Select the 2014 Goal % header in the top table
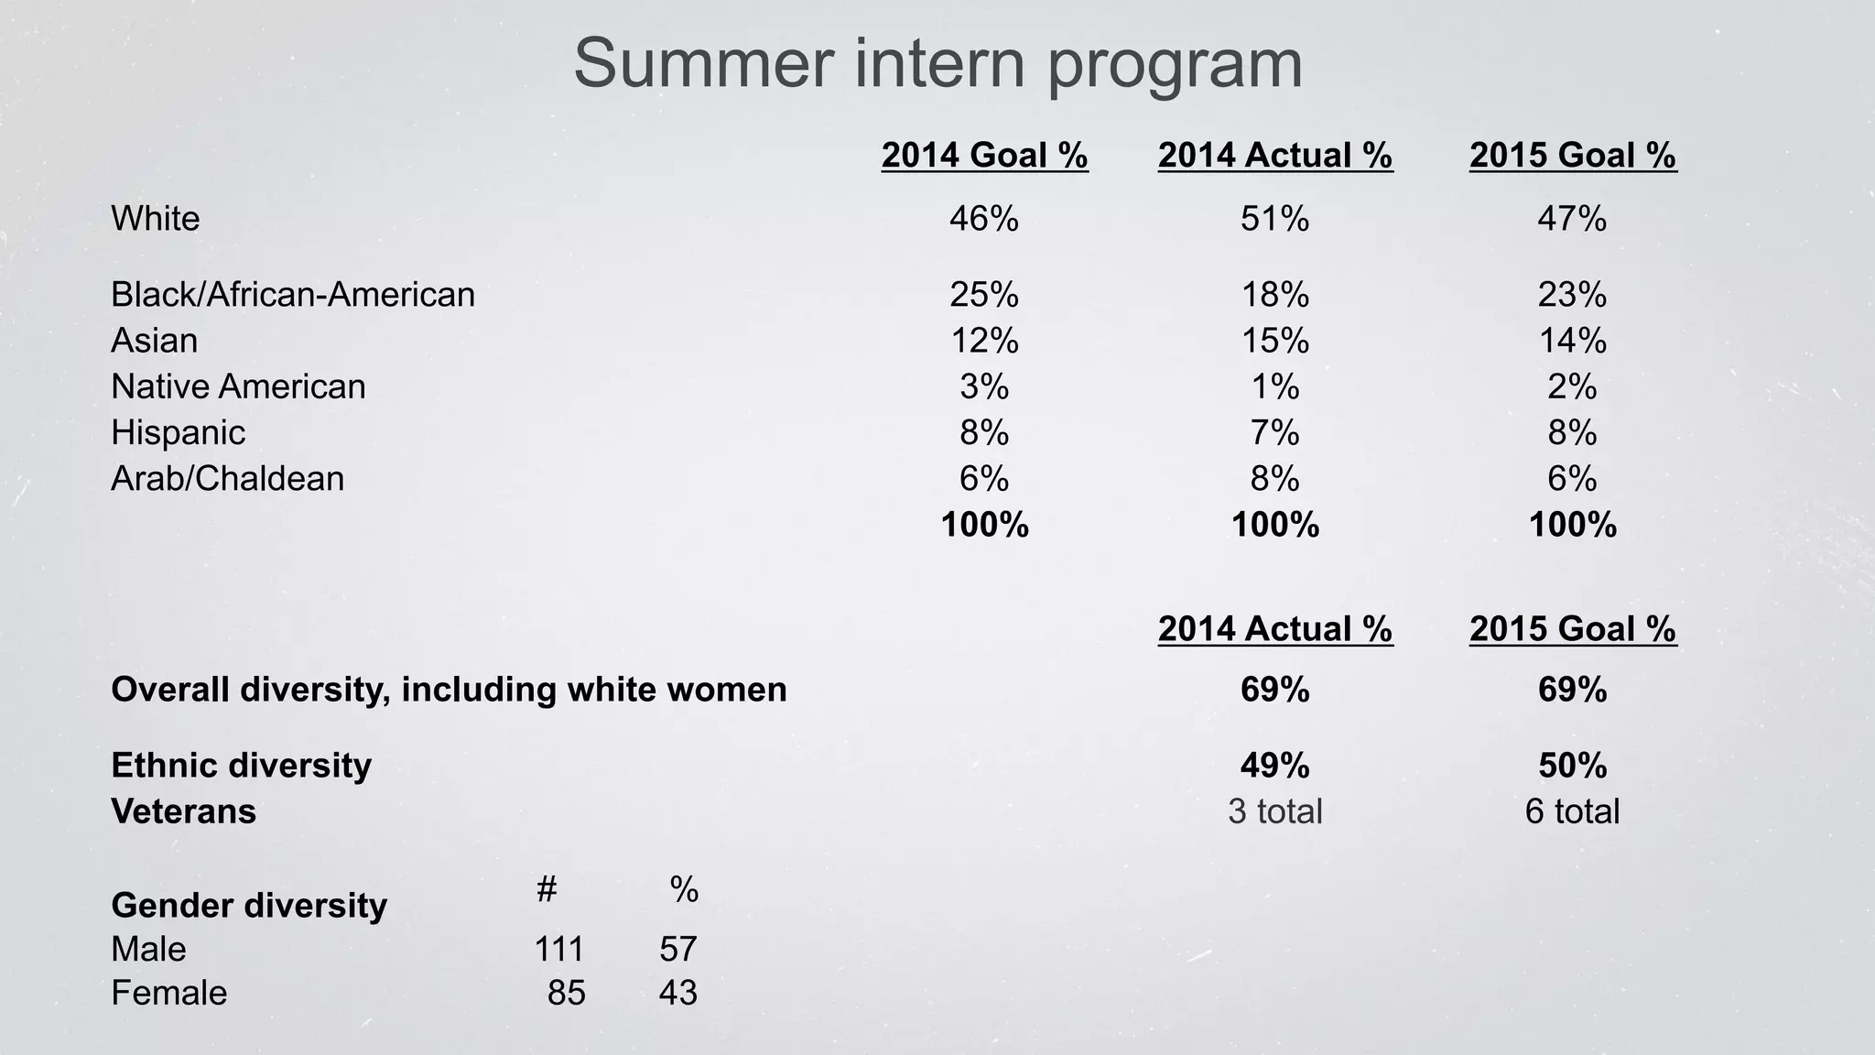pyautogui.click(x=984, y=155)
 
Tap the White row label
pyautogui.click(x=155, y=219)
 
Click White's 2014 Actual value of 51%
pyautogui.click(x=1274, y=219)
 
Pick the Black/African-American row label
pyautogui.click(x=293, y=295)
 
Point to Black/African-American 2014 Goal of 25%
pyautogui.click(x=984, y=295)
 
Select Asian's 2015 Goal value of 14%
pyautogui.click(x=1572, y=341)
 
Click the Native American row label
pyautogui.click(x=238, y=386)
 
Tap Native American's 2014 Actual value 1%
pyautogui.click(x=1274, y=386)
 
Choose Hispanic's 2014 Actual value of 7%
pyautogui.click(x=1274, y=432)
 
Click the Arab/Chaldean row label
pyautogui.click(x=227, y=479)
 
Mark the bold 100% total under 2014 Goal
pyautogui.click(x=984, y=525)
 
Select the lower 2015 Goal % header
pyautogui.click(x=1572, y=628)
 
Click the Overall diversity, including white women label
pyautogui.click(x=449, y=690)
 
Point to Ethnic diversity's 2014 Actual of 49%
pyautogui.click(x=1274, y=766)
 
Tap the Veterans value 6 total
pyautogui.click(x=1572, y=811)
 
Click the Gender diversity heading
pyautogui.click(x=249, y=906)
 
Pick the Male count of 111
pyautogui.click(x=558, y=950)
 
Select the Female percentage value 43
pyautogui.click(x=677, y=993)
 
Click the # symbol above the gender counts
pyautogui.click(x=547, y=888)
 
